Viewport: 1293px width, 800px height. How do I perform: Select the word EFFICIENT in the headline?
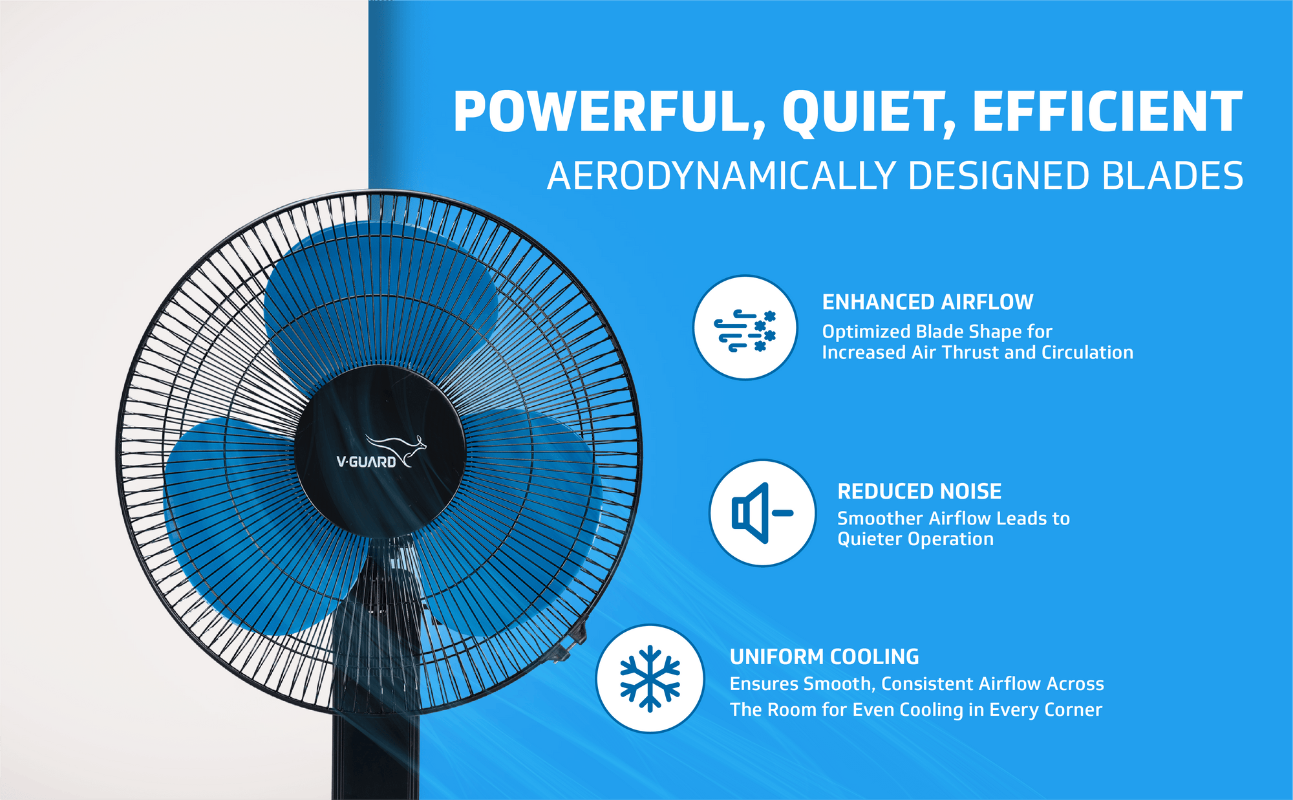tap(1107, 111)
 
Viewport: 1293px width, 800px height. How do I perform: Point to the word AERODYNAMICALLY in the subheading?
tap(721, 176)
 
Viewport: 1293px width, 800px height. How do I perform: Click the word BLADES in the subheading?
tap(1172, 176)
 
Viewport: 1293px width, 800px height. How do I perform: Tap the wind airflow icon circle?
tap(745, 327)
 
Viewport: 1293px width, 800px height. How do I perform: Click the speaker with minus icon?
tap(762, 513)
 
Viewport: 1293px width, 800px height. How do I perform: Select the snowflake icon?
tap(650, 678)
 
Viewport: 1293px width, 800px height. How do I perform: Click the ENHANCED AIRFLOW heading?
tap(928, 302)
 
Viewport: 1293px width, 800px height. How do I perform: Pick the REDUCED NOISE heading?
tap(919, 492)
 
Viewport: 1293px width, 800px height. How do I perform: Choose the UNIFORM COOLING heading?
tap(824, 657)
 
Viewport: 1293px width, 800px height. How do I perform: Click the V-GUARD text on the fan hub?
tap(366, 462)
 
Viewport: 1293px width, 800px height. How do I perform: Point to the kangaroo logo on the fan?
tap(396, 449)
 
